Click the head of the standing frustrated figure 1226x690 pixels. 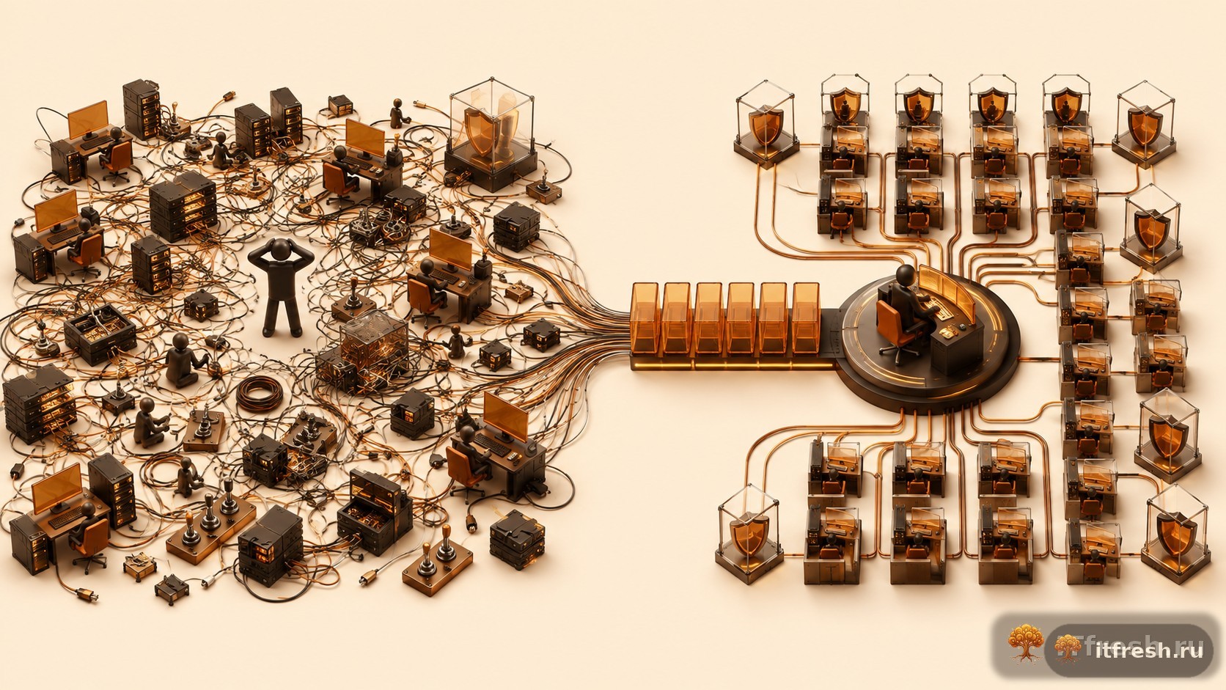point(282,249)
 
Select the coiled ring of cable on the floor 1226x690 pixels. point(260,392)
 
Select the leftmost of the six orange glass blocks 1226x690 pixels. point(645,318)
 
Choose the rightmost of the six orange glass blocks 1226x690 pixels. point(806,318)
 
